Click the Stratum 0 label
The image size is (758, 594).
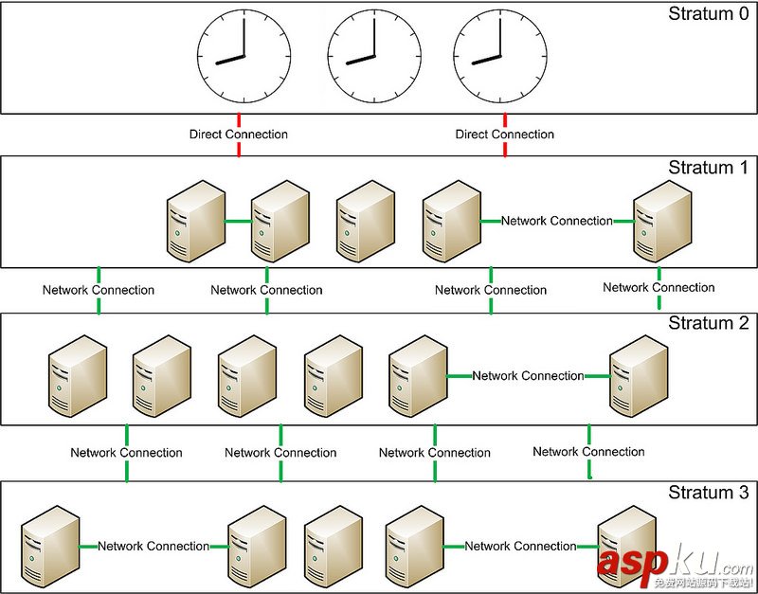(x=708, y=13)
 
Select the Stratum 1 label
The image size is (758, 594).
(x=708, y=168)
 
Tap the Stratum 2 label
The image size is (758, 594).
(x=708, y=323)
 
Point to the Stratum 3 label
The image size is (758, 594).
(x=708, y=493)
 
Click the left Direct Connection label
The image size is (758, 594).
(x=239, y=135)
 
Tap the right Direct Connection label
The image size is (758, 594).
(x=505, y=135)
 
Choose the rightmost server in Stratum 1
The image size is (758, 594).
(x=662, y=217)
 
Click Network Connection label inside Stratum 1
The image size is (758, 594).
(x=557, y=221)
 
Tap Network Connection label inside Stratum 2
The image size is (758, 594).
(x=528, y=376)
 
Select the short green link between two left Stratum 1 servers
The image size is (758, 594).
(x=238, y=223)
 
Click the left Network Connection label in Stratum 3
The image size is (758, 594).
(x=153, y=547)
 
